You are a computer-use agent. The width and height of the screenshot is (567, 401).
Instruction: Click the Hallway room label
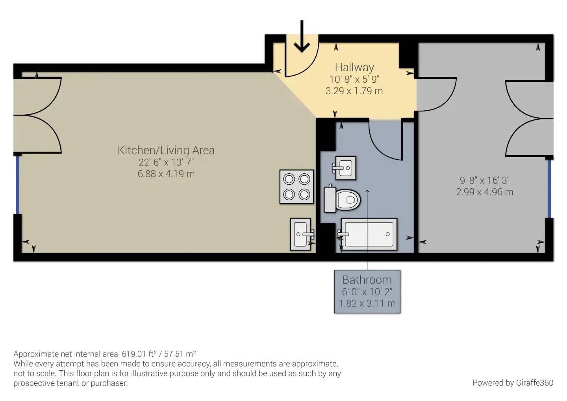click(354, 67)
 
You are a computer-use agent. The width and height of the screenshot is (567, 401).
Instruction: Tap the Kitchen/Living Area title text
click(166, 150)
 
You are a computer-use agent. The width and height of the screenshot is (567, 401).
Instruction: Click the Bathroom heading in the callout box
click(367, 280)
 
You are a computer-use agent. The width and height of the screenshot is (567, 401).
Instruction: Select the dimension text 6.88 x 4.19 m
click(166, 174)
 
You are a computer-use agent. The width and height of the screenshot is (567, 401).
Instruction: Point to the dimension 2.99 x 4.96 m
click(484, 192)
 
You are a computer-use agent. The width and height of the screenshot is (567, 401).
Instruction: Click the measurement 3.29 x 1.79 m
click(354, 91)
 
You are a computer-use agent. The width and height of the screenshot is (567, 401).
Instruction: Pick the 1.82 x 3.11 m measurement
click(367, 303)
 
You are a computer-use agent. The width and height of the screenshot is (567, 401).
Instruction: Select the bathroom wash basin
click(345, 168)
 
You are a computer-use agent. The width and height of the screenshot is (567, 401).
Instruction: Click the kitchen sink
click(302, 234)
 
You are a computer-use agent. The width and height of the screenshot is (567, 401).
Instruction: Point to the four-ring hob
click(296, 187)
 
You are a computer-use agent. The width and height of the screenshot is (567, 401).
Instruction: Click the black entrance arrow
click(302, 36)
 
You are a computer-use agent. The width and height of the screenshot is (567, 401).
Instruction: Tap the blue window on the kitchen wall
click(17, 185)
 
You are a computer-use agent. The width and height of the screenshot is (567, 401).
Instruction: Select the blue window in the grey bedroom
click(549, 189)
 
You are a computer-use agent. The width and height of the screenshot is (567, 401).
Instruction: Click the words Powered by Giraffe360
click(513, 382)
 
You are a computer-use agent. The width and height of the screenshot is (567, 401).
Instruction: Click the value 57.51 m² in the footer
click(180, 354)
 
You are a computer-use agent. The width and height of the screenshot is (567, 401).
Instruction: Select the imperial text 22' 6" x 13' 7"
click(166, 162)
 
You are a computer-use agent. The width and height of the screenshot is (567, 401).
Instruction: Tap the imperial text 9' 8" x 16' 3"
click(484, 180)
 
